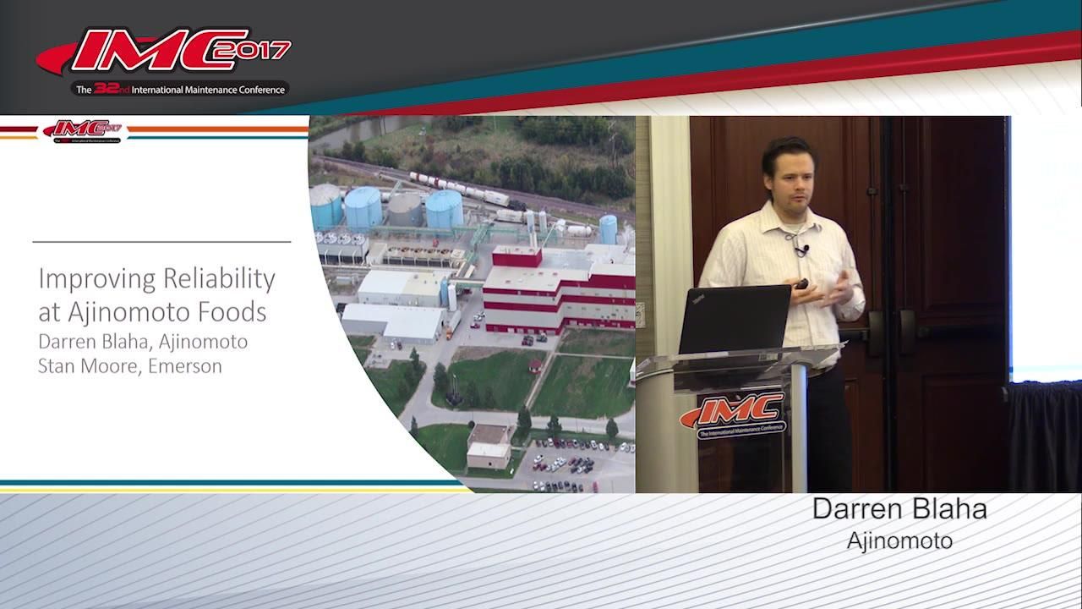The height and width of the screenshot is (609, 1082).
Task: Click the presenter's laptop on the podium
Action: click(734, 319)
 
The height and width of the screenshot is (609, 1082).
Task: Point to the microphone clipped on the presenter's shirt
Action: click(799, 250)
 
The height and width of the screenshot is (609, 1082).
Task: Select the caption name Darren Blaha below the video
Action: click(899, 509)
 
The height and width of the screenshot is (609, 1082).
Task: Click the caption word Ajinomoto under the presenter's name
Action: click(899, 540)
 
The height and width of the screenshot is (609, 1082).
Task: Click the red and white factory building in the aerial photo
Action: click(558, 288)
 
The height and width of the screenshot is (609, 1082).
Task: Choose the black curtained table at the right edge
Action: click(1044, 436)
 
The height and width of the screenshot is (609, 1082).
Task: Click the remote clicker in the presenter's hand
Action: click(801, 284)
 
